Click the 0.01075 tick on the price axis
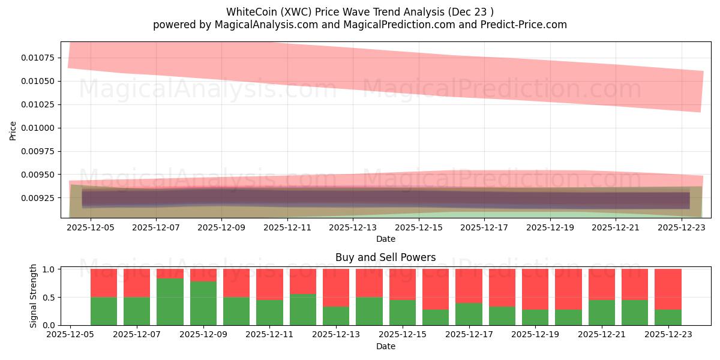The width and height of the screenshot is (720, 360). tap(38, 58)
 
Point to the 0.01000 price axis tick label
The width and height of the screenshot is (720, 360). tap(38, 128)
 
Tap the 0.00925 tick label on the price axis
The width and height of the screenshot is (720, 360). tap(38, 198)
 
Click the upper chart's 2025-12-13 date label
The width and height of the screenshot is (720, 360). tap(353, 228)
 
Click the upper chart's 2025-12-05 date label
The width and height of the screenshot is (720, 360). tap(90, 228)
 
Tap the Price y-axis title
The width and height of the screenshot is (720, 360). tap(13, 130)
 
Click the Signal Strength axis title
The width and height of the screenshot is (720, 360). tap(34, 296)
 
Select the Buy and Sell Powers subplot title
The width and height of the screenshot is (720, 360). tap(385, 257)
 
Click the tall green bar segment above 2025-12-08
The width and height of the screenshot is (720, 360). tap(170, 302)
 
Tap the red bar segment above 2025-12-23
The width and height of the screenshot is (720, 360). tap(668, 289)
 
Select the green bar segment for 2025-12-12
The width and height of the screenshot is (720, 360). tap(302, 310)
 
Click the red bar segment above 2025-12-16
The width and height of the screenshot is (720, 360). tap(435, 289)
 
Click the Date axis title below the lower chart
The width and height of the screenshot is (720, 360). tap(385, 346)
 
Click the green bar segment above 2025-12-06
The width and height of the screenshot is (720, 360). tap(104, 311)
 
